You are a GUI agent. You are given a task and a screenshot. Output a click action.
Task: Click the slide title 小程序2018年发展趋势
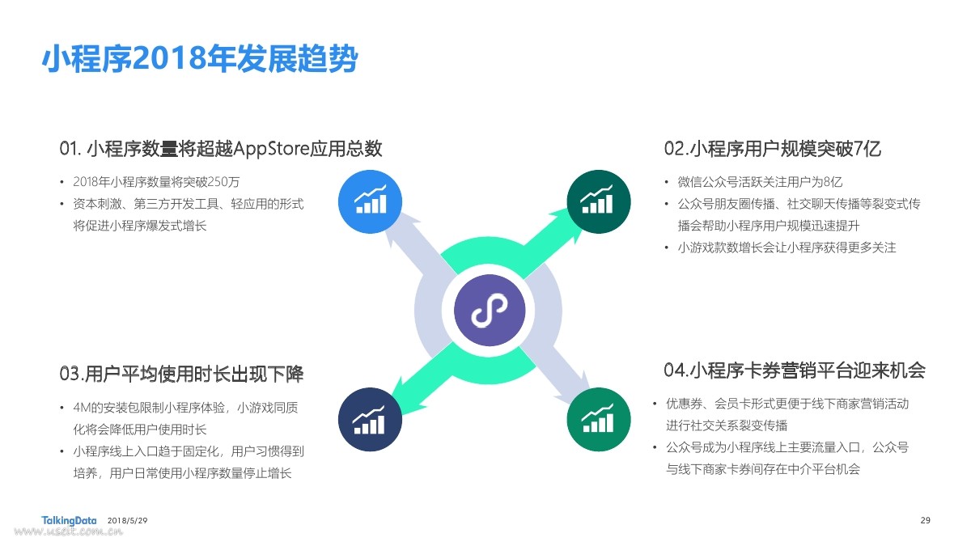(200, 58)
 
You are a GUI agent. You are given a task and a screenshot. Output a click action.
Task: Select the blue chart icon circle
(371, 202)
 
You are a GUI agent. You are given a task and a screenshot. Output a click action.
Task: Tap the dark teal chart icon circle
(599, 202)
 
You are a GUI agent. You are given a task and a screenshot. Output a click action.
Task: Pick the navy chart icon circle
(371, 420)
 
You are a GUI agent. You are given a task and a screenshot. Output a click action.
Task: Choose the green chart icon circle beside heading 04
(599, 420)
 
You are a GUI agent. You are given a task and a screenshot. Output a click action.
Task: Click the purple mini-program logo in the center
(490, 311)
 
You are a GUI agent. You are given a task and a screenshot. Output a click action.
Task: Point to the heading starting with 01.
(221, 149)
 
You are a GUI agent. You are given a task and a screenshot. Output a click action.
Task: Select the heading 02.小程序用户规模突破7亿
(773, 149)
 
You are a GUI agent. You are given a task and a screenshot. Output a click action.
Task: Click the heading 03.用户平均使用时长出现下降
(181, 374)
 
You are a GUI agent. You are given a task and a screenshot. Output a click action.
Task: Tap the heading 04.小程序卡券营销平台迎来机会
(795, 370)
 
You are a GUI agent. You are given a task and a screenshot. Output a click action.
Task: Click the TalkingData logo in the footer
(69, 520)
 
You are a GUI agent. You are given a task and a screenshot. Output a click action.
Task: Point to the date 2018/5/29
(128, 520)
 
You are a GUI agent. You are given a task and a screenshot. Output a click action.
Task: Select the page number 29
(925, 520)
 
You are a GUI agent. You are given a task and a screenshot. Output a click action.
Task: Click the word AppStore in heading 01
(271, 149)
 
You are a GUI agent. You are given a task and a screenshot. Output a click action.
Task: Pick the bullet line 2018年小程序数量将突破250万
(156, 181)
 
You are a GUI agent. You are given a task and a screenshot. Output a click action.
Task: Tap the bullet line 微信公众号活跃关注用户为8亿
(760, 181)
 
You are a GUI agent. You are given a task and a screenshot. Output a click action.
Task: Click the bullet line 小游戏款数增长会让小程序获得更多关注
(787, 248)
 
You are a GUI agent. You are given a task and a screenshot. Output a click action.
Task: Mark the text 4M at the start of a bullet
(82, 408)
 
